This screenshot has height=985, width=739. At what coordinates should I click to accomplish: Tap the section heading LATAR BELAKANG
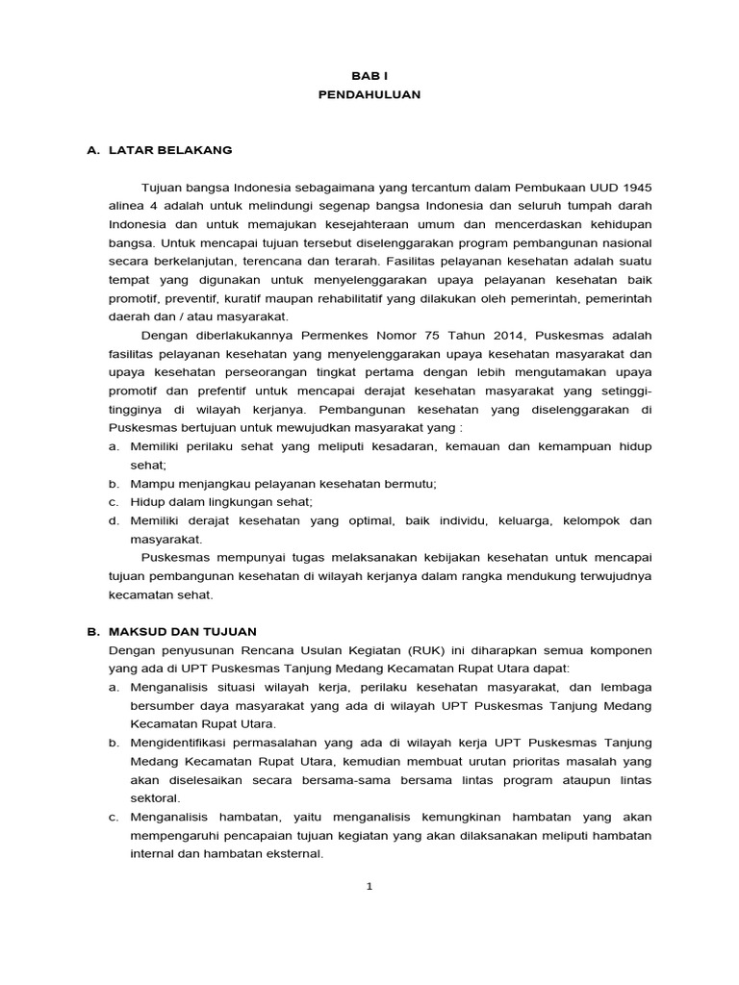coord(170,150)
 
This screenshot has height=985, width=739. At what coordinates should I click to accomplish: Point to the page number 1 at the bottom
coord(369,886)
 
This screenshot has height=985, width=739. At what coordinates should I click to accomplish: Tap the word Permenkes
coord(325,335)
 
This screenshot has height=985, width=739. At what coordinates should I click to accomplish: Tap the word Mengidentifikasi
coord(183,743)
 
